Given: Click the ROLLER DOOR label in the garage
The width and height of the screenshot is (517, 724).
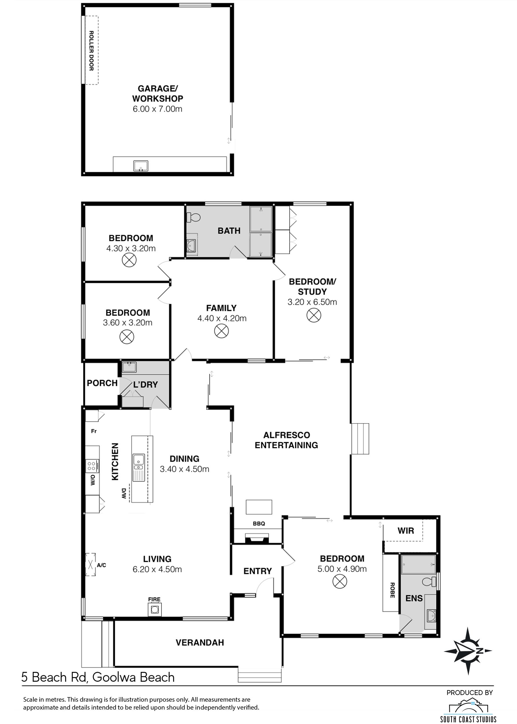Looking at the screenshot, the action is [x=91, y=51].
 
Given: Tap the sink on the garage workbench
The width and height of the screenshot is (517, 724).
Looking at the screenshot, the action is [x=140, y=166].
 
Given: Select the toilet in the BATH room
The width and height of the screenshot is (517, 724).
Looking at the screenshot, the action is [x=193, y=217].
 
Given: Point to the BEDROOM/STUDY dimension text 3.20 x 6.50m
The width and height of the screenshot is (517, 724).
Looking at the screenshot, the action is [x=312, y=302].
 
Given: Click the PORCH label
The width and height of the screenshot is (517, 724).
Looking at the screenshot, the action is [x=102, y=383].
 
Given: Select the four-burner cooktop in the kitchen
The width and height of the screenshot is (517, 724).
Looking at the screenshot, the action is [x=92, y=466].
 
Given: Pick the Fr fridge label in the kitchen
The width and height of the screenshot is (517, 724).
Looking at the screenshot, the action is [x=93, y=431].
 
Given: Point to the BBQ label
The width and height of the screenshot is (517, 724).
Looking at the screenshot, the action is [x=259, y=523].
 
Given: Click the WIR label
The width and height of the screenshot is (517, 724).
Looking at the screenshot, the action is [x=406, y=531].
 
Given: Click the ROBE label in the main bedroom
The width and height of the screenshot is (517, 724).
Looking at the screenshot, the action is [x=392, y=590].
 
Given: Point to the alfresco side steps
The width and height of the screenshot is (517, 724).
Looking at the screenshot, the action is [x=360, y=439].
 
